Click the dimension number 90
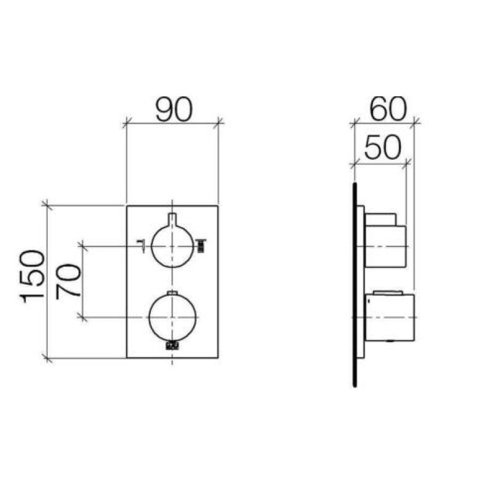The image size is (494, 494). click(x=174, y=109)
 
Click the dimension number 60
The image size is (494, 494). click(x=388, y=109)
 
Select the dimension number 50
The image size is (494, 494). click(x=383, y=147)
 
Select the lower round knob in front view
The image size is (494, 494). click(x=172, y=317)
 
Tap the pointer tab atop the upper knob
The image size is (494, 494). click(x=172, y=219)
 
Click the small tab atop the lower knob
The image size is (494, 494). click(x=172, y=293)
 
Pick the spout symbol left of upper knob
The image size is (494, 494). click(x=141, y=246)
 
